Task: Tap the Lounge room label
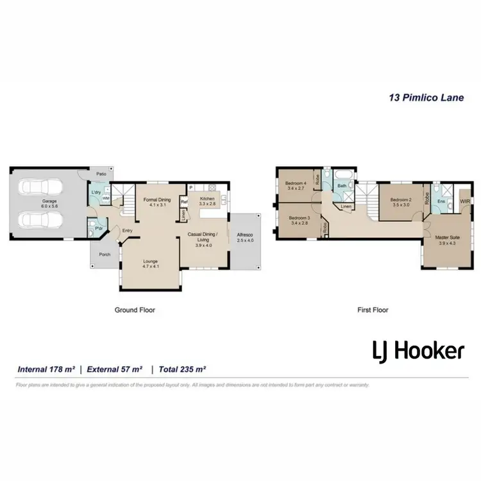(151, 263)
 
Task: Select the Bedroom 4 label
(296, 186)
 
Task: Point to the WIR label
(465, 201)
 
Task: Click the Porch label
(105, 255)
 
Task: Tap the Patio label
(101, 174)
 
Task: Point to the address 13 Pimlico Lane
(426, 98)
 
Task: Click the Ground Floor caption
(135, 310)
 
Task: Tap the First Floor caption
(373, 310)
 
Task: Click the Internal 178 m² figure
(47, 369)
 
